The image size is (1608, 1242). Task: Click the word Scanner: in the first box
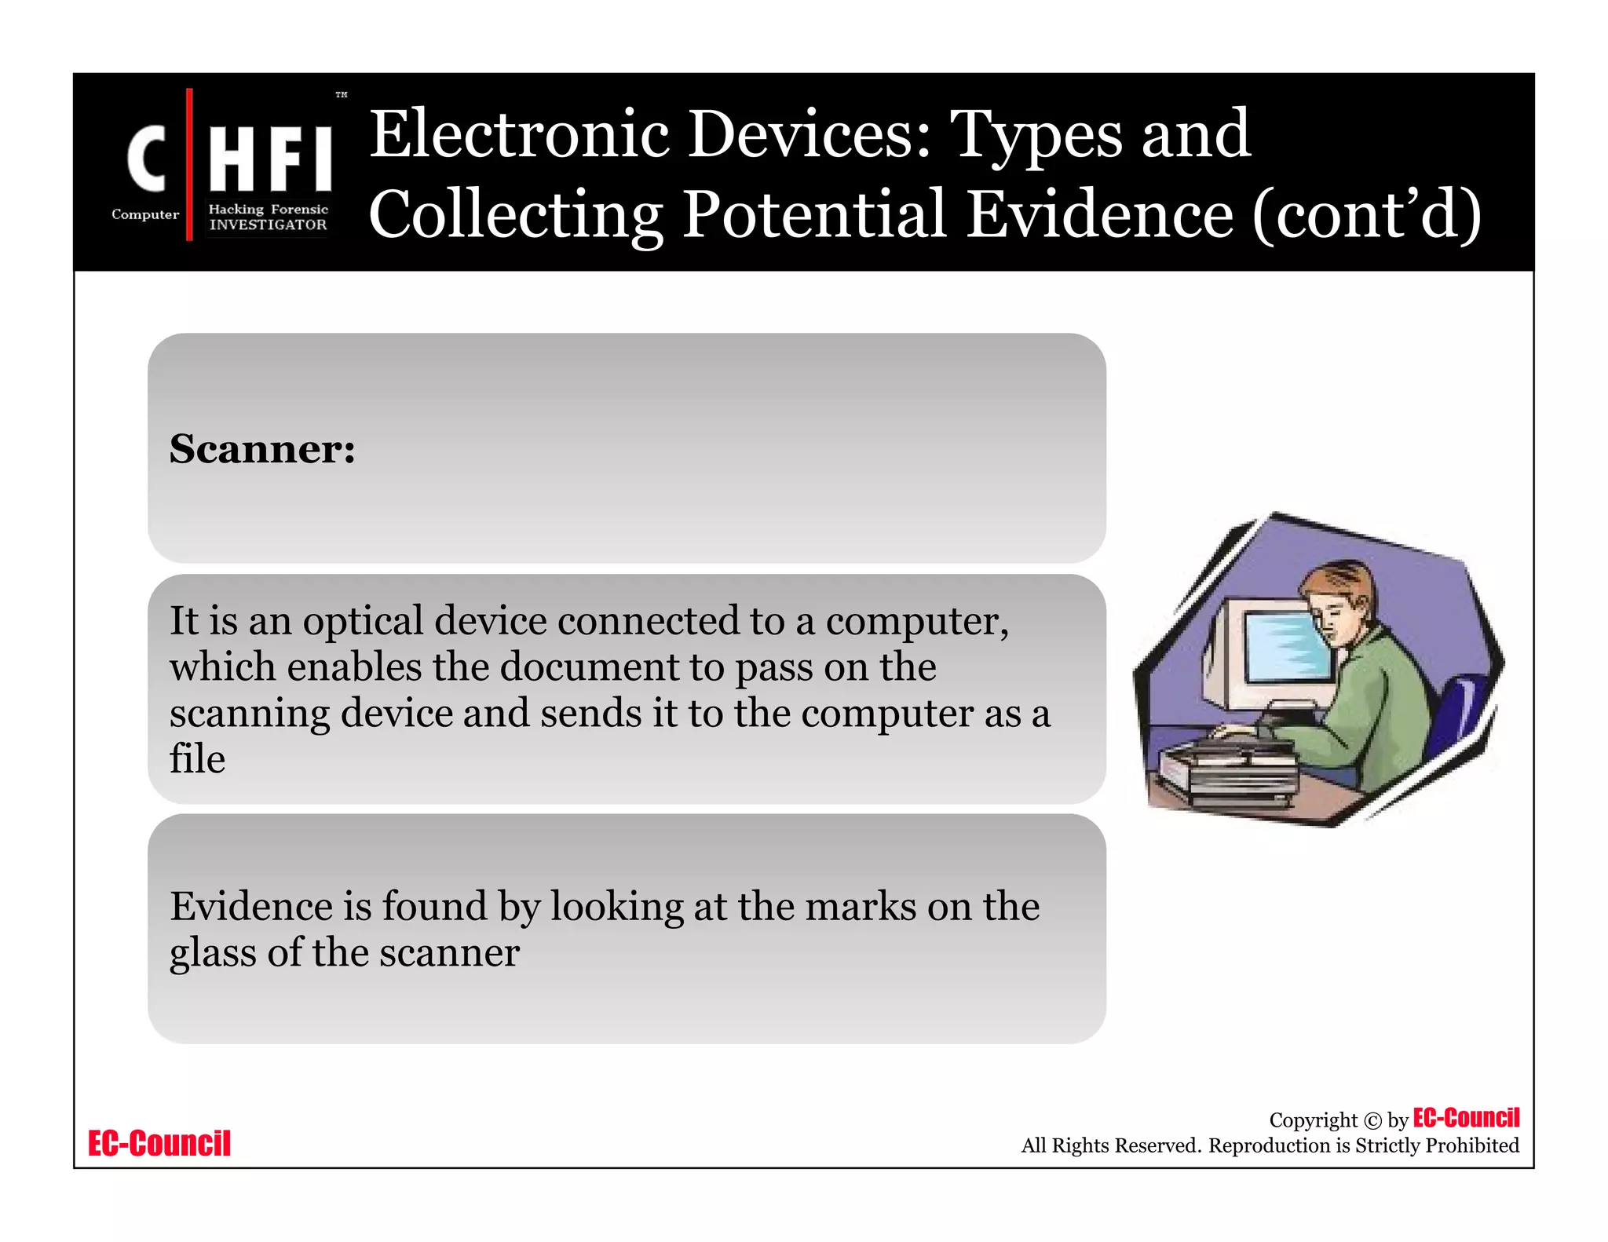click(262, 449)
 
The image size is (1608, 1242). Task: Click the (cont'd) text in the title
click(1366, 214)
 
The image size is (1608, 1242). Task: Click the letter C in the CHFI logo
click(148, 159)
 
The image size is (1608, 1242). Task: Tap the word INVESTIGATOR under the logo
click(268, 225)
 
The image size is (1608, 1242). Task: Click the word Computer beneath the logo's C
click(145, 214)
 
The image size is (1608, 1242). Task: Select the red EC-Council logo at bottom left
click(159, 1143)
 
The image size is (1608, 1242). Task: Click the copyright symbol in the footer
click(1372, 1120)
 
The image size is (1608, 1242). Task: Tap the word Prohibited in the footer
click(1472, 1145)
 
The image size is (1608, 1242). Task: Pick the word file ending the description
click(197, 758)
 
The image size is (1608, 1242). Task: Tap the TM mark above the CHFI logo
click(342, 95)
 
